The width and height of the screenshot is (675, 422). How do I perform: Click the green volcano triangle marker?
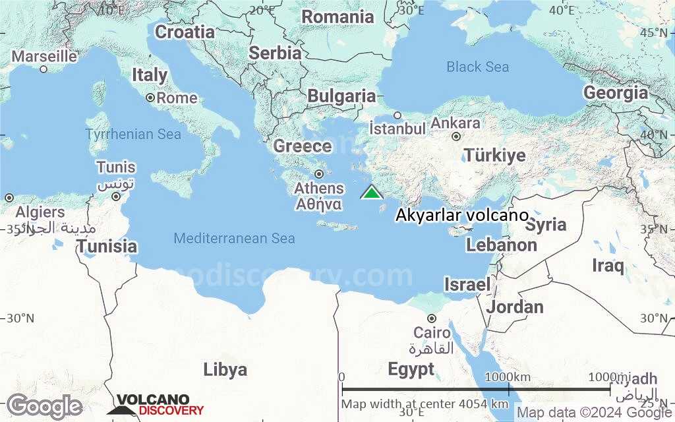372,192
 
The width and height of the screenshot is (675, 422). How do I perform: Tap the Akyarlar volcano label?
461,216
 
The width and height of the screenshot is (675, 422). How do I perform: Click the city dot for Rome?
150,98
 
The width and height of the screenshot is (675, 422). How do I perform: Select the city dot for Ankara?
455,136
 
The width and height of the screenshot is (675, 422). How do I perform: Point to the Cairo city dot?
431,318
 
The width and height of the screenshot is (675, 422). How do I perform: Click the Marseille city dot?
44,69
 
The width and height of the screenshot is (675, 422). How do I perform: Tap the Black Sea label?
477,67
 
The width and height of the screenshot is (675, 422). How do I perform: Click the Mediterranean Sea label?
234,238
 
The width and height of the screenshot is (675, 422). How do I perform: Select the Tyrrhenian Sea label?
132,135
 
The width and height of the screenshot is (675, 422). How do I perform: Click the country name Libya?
225,369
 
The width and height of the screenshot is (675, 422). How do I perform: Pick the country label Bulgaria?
341,96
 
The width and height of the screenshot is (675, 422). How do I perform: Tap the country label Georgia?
616,93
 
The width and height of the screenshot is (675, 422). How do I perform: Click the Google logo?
44,406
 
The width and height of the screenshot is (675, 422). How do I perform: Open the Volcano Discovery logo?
156,404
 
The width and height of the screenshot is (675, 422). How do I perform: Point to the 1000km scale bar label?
507,377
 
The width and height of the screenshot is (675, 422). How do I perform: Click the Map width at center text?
425,404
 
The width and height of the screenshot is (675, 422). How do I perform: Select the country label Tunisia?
107,247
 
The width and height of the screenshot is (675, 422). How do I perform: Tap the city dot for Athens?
318,174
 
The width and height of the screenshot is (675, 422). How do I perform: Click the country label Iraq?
607,266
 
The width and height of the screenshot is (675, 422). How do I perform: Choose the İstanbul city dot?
397,115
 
